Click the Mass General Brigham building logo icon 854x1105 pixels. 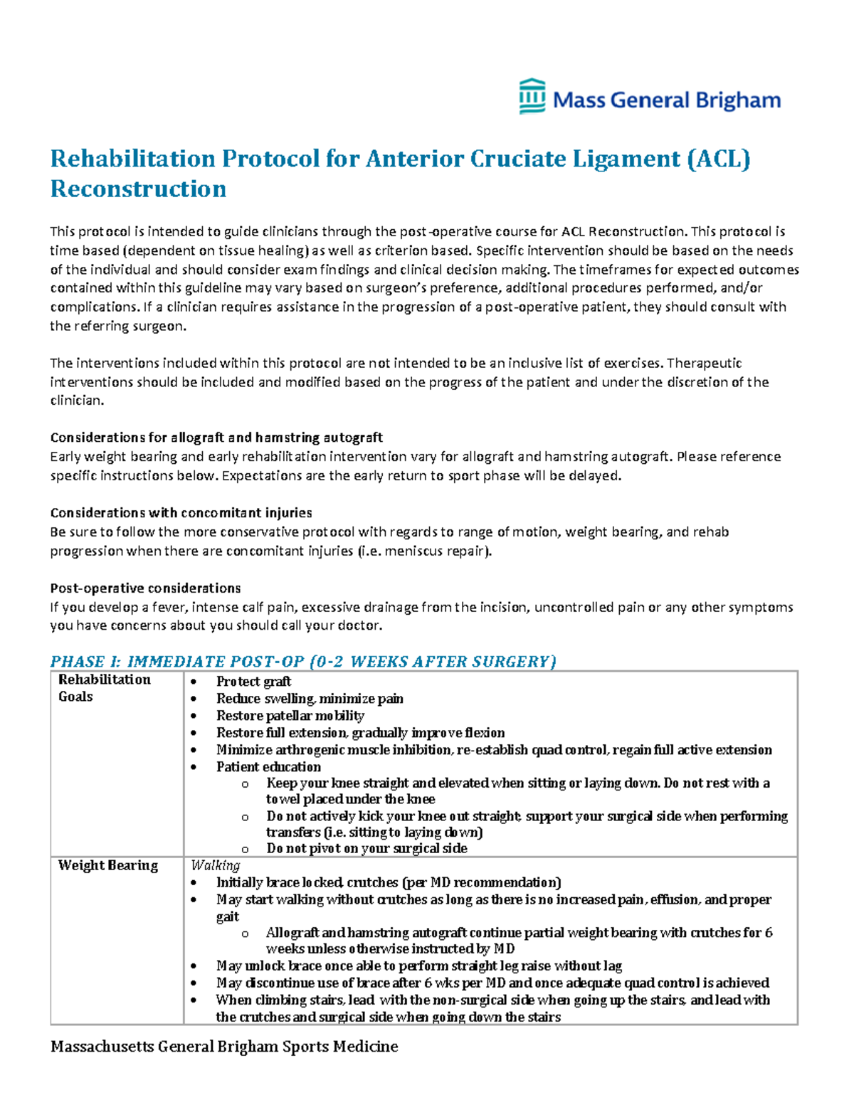click(x=532, y=97)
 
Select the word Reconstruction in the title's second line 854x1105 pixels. click(x=138, y=189)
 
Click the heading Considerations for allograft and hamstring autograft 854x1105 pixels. click(x=216, y=438)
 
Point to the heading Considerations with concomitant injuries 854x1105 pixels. click(x=181, y=513)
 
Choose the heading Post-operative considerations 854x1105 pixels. click(x=145, y=588)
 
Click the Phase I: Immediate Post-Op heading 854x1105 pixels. click(x=302, y=662)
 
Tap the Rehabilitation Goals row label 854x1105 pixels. click(x=104, y=688)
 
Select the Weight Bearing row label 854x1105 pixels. click(x=107, y=865)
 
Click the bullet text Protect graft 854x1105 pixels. click(x=253, y=682)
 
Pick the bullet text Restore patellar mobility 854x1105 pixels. click(x=290, y=716)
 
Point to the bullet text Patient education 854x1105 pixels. click(x=268, y=767)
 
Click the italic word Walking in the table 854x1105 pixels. click(x=215, y=865)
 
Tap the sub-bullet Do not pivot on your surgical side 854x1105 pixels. click(x=367, y=848)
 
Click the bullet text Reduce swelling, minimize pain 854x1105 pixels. click(x=310, y=699)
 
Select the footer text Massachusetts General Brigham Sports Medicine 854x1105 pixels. click(x=224, y=1047)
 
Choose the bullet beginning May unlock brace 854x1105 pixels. click(x=419, y=966)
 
